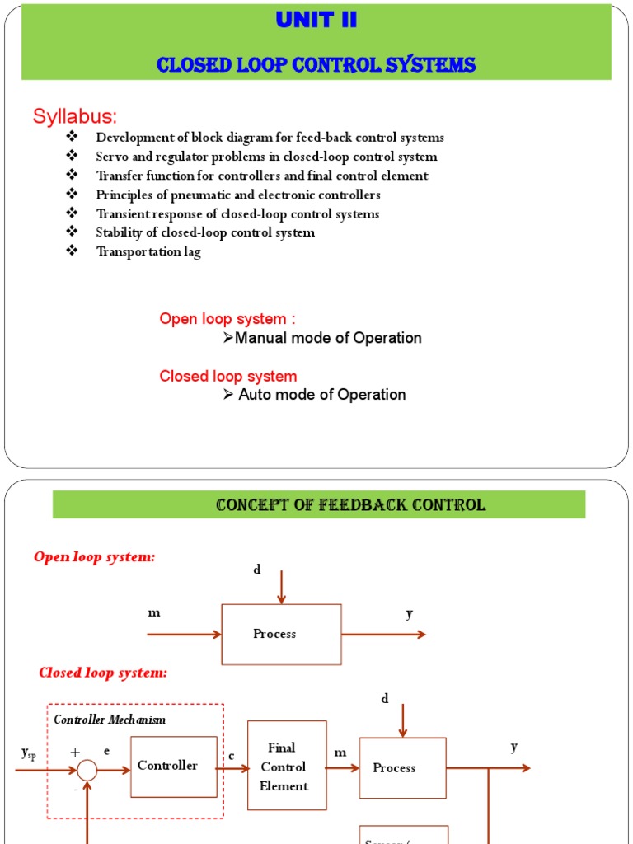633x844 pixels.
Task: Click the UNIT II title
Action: [316, 21]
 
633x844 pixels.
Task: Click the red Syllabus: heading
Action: [75, 116]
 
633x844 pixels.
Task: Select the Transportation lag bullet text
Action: [148, 251]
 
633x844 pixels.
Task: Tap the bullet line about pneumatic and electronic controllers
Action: [238, 195]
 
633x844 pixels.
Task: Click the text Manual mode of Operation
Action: [328, 338]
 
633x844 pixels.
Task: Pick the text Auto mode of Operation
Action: [321, 395]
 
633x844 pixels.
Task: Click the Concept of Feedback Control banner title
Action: [350, 505]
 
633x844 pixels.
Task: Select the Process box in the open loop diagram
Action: [281, 634]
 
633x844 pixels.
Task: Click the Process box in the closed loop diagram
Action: [402, 768]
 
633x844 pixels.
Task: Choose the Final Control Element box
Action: [286, 767]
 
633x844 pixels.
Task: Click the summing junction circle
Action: [87, 771]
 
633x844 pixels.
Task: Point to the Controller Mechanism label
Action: [110, 720]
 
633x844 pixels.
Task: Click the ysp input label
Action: [28, 753]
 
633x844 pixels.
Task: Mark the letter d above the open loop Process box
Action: [256, 570]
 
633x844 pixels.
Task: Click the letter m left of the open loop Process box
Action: [153, 613]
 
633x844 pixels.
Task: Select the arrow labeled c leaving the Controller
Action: [232, 767]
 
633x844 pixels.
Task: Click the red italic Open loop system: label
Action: [94, 557]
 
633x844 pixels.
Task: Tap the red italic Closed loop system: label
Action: [103, 673]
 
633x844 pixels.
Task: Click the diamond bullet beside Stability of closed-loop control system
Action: [71, 232]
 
